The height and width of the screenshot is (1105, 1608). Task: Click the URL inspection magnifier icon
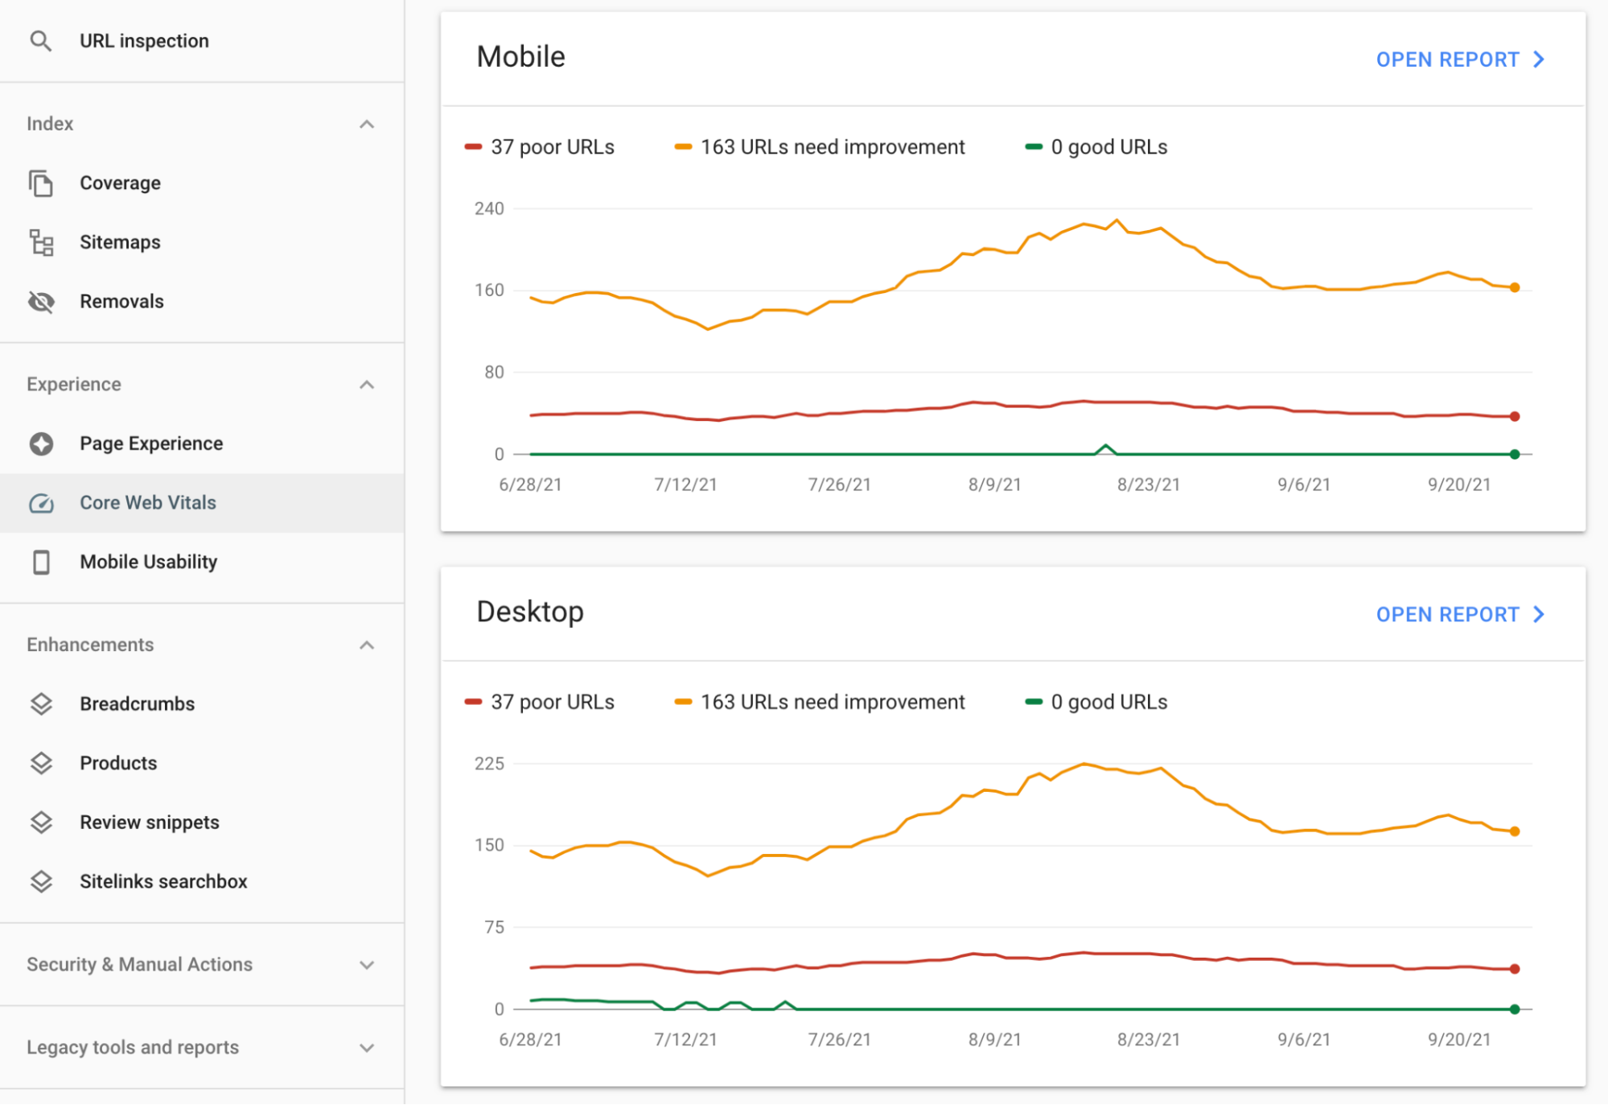coord(40,41)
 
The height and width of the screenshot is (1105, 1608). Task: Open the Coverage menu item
coord(120,183)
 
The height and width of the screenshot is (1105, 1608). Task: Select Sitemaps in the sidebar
coord(120,242)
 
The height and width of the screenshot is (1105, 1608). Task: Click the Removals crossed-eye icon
coord(41,302)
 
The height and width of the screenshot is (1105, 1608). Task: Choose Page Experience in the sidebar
coord(151,443)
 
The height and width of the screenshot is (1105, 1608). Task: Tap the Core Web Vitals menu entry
coord(148,503)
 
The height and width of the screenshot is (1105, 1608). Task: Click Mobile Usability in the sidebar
coord(148,562)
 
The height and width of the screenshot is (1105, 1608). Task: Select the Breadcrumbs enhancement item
coord(137,704)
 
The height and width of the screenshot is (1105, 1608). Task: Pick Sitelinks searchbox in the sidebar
coord(163,882)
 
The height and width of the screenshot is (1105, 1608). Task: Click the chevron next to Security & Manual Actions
coord(367,965)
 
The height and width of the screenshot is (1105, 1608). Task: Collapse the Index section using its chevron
coord(367,124)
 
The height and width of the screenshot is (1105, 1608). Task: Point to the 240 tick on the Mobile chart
coord(489,209)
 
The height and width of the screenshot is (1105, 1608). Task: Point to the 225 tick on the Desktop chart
coord(489,764)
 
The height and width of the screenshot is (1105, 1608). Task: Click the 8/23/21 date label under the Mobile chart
coord(1148,484)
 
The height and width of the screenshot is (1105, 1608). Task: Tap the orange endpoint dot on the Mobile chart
coord(1515,287)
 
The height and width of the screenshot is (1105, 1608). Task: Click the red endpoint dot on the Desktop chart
coord(1515,969)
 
